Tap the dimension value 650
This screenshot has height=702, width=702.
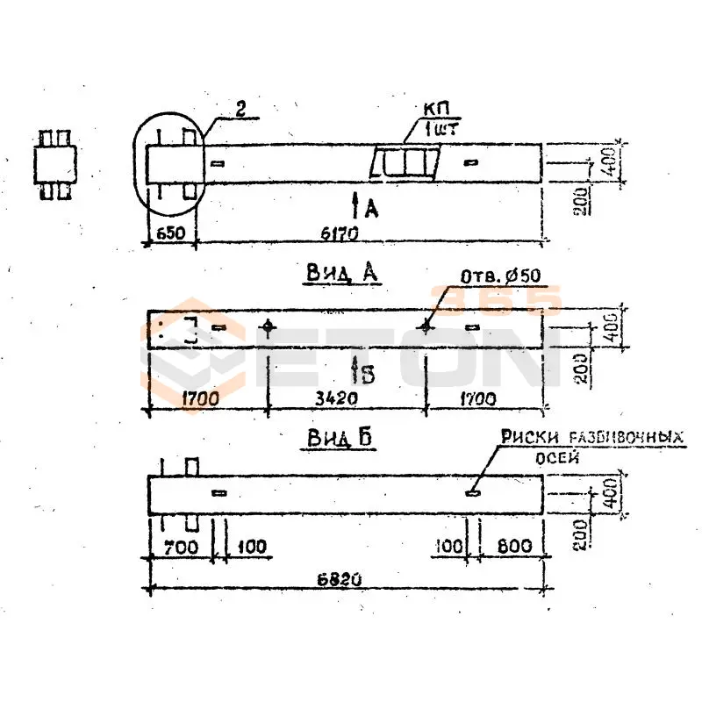point(169,235)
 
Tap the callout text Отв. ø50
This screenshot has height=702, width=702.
point(501,276)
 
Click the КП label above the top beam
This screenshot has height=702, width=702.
point(433,109)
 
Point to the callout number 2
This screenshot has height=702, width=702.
point(240,110)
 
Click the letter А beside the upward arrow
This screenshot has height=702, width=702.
point(371,208)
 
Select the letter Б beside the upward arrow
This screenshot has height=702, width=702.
point(368,375)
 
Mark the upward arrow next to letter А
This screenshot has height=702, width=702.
point(355,204)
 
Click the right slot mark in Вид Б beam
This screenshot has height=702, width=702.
point(473,492)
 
